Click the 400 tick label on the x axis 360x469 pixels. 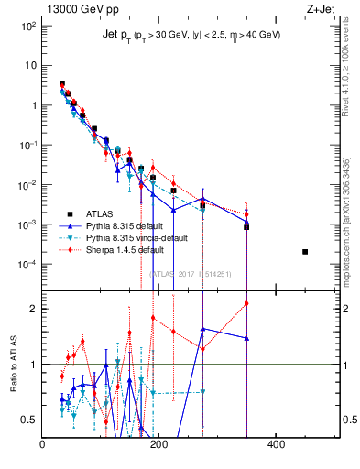(276, 445)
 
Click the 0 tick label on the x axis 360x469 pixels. (43, 445)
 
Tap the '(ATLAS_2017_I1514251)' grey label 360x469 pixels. (191, 274)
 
